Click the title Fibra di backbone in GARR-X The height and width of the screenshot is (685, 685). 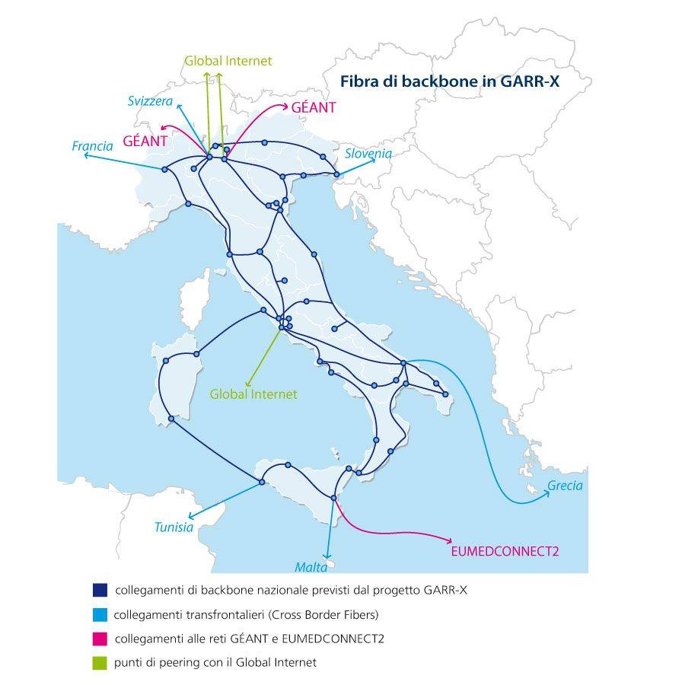449,81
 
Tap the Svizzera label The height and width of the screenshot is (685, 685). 151,101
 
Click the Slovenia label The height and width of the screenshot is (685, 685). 368,154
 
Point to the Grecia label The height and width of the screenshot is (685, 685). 565,486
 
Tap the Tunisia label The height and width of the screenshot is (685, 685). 174,527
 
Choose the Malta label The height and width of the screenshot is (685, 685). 311,566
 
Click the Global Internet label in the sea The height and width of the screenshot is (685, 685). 253,394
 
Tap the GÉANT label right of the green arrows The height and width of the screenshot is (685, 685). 314,108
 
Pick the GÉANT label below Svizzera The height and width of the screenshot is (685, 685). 145,141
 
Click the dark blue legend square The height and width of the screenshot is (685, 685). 98,590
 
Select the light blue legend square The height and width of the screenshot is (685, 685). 98,614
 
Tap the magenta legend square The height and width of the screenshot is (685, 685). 98,638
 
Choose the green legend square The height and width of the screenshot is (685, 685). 98,662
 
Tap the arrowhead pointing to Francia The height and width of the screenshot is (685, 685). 85,155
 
